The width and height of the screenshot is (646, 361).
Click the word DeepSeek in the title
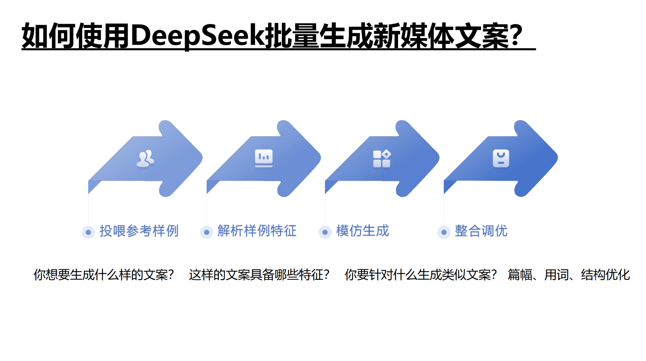(x=198, y=36)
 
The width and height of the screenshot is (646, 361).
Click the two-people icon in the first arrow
(x=145, y=159)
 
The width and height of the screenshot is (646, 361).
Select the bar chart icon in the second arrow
(x=264, y=158)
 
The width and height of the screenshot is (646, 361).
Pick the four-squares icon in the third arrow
(x=382, y=159)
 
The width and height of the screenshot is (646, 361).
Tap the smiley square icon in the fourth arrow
(x=501, y=159)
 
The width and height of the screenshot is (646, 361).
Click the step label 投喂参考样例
(x=139, y=231)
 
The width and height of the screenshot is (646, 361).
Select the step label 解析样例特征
(x=257, y=231)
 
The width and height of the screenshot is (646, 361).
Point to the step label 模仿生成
(x=362, y=231)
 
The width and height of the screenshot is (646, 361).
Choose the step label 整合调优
(x=481, y=231)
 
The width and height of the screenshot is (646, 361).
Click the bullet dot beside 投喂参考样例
(x=88, y=232)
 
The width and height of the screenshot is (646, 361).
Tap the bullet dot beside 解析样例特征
(x=206, y=232)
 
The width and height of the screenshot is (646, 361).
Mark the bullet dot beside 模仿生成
(x=325, y=232)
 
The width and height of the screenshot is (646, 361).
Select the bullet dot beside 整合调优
(x=444, y=232)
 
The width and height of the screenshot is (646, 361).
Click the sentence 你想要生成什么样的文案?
(x=104, y=275)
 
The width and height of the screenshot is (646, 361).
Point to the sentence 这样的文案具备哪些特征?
(x=259, y=275)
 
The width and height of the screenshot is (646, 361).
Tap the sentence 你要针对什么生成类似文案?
(x=420, y=275)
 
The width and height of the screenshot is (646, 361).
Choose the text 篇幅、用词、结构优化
(x=569, y=275)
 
